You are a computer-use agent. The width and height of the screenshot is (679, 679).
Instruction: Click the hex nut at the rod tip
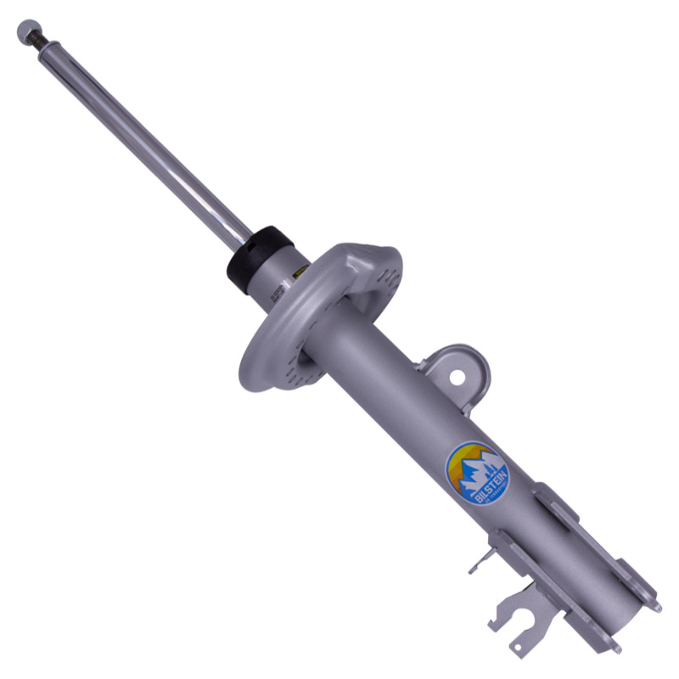coord(26,30)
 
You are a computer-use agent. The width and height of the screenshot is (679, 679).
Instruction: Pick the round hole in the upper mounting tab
coord(457,373)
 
